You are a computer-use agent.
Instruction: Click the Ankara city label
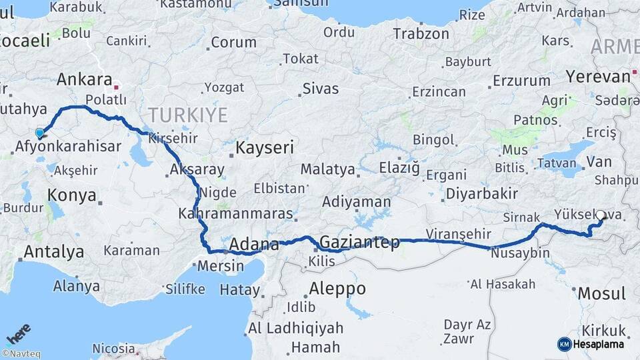pos(84,79)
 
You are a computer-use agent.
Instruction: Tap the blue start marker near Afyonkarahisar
pos(39,133)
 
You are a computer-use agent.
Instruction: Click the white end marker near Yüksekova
pos(600,216)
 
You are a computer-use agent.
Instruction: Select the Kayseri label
pos(265,147)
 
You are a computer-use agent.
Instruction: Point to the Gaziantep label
pos(360,242)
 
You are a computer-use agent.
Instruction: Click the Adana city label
pos(253,245)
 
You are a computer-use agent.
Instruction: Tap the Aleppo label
pos(337,289)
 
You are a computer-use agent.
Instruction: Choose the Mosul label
pos(601,293)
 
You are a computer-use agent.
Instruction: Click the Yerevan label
pos(598,76)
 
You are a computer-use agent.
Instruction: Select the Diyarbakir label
pos(481,193)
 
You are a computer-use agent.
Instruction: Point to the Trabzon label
pos(421,33)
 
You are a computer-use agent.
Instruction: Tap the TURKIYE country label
pos(188,115)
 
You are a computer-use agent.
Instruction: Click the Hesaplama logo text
pos(598,344)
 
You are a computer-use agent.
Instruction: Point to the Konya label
pos(72,195)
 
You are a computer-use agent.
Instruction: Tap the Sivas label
pos(321,89)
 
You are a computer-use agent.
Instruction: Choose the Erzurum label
pos(522,81)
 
